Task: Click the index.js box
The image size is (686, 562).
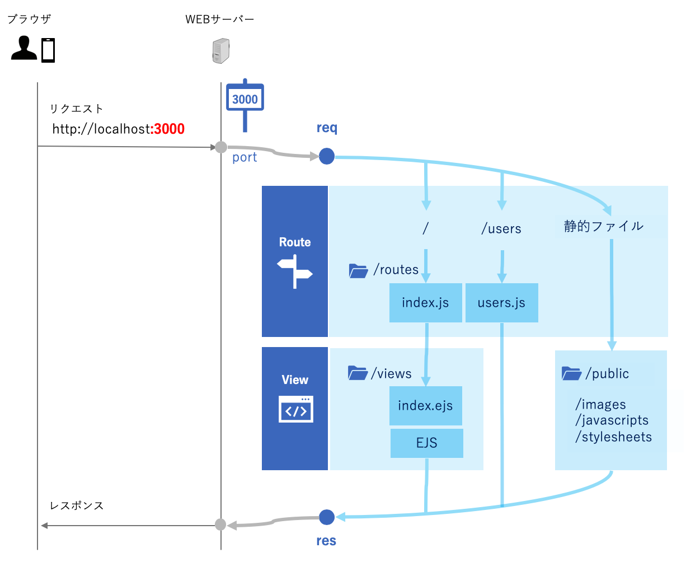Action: pos(425,303)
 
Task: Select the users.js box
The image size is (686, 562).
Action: pos(501,303)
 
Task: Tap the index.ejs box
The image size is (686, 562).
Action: pos(425,406)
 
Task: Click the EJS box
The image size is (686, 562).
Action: pos(426,443)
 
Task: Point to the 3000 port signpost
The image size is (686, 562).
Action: pos(245,99)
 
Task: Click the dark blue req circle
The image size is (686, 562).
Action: pos(327,156)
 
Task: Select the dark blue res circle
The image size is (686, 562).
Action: pos(326,517)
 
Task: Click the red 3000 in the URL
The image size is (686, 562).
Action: pos(169,129)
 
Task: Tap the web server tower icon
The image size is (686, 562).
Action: pos(221,51)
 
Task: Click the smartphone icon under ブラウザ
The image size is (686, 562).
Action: pos(48,50)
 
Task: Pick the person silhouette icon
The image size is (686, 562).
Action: pos(24,49)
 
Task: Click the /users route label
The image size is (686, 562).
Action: pos(501,229)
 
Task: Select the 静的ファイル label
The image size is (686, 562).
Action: pos(603,227)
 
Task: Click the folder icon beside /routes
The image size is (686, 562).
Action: pos(358,270)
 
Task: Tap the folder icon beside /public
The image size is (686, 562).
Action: pos(571,373)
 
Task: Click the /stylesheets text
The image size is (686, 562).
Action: pos(613,437)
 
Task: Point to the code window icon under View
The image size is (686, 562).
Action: pos(295,409)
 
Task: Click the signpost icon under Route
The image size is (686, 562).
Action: pos(295,271)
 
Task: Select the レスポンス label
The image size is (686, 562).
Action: pos(77,505)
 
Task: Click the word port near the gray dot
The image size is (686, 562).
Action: pos(245,158)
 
